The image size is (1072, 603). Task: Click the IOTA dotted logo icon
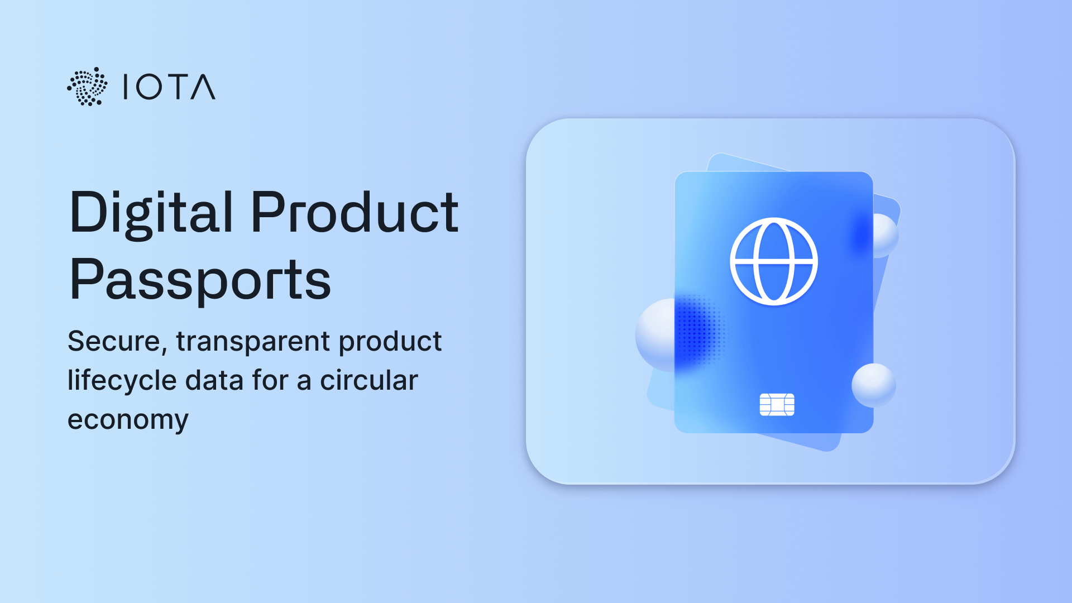[x=87, y=87]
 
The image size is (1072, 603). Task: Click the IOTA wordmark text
[x=169, y=87]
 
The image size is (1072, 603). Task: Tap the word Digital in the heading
[x=151, y=212]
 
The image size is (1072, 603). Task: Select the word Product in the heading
[x=355, y=212]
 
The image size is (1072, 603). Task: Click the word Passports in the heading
[x=200, y=279]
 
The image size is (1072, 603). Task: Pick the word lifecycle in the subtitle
[x=122, y=380]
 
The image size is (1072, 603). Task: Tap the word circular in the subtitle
[x=368, y=380]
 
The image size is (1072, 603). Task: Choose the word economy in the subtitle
[x=128, y=420]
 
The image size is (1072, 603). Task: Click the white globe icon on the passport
[x=774, y=261]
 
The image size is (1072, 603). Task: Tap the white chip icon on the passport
[x=777, y=405]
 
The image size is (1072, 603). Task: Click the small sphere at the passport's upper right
[x=885, y=234]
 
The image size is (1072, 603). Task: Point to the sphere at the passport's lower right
[x=874, y=385]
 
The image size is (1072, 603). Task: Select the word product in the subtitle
[x=390, y=341]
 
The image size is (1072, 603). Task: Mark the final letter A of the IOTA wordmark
[x=203, y=87]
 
